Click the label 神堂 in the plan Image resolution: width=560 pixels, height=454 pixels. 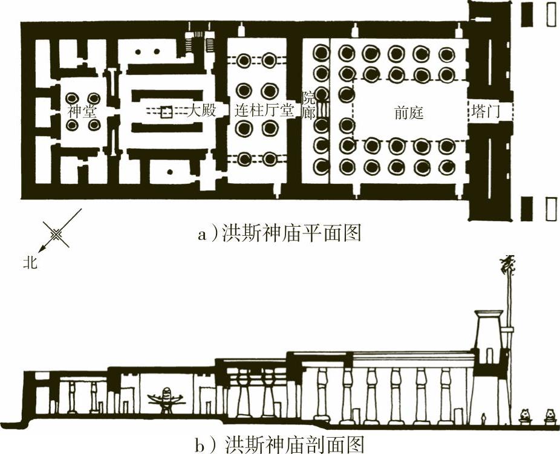coord(82,112)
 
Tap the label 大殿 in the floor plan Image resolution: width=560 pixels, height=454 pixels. coord(202,111)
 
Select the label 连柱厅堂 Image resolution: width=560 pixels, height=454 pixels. coord(264,111)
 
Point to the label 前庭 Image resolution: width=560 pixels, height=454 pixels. coord(409,113)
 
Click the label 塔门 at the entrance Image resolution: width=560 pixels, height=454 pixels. coord(486,112)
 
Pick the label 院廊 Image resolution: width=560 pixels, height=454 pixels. coord(309,106)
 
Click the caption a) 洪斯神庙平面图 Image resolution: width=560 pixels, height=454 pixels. coord(279,234)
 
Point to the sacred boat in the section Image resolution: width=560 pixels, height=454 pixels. coord(165,400)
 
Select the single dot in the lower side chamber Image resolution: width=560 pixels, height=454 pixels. coord(170,172)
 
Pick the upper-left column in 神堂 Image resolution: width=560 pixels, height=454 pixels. coord(72,98)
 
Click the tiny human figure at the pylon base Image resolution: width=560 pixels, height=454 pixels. coord(484,418)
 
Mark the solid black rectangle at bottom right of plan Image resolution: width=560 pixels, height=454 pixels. coord(526,209)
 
